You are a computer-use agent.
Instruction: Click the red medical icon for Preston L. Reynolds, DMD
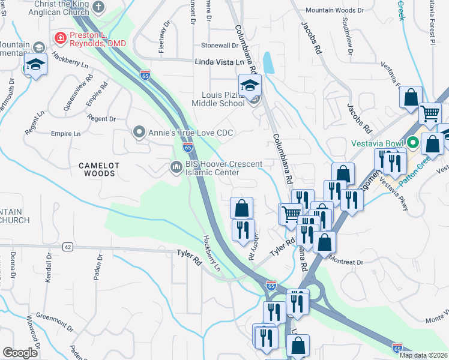[60, 38]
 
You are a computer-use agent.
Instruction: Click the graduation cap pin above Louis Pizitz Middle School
[250, 86]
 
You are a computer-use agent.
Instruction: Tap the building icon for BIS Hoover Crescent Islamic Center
[176, 166]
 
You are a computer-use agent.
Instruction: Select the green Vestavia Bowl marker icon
[412, 143]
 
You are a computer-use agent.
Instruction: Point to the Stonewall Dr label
[220, 46]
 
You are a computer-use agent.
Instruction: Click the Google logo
[20, 353]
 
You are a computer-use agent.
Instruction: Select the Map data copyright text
[423, 355]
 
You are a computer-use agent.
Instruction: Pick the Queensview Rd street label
[78, 94]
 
